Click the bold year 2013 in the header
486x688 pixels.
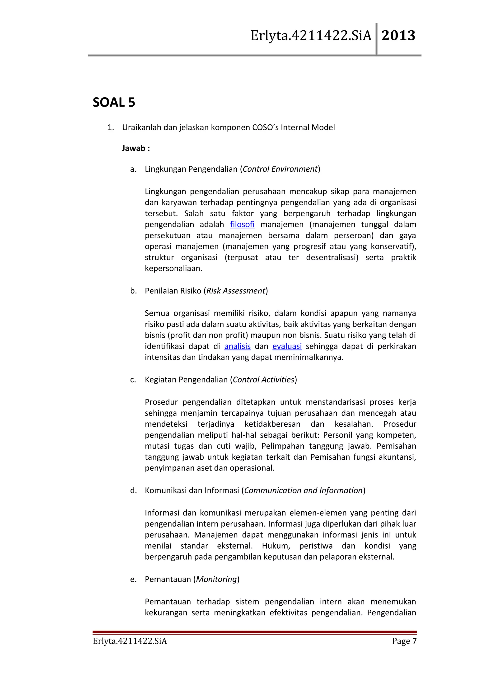pyautogui.click(x=398, y=36)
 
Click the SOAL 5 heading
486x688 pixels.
pyautogui.click(x=114, y=103)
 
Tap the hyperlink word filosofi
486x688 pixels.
pyautogui.click(x=242, y=224)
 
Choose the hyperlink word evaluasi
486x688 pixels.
pyautogui.click(x=287, y=346)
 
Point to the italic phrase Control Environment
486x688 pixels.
pyautogui.click(x=280, y=169)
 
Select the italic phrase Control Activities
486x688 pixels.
pyautogui.click(x=263, y=380)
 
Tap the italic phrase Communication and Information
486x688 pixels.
pyautogui.click(x=303, y=490)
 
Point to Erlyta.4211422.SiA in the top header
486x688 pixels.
pyautogui.click(x=311, y=36)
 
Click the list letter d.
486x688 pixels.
pyautogui.click(x=133, y=490)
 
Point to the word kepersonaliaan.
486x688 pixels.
pyautogui.click(x=173, y=269)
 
